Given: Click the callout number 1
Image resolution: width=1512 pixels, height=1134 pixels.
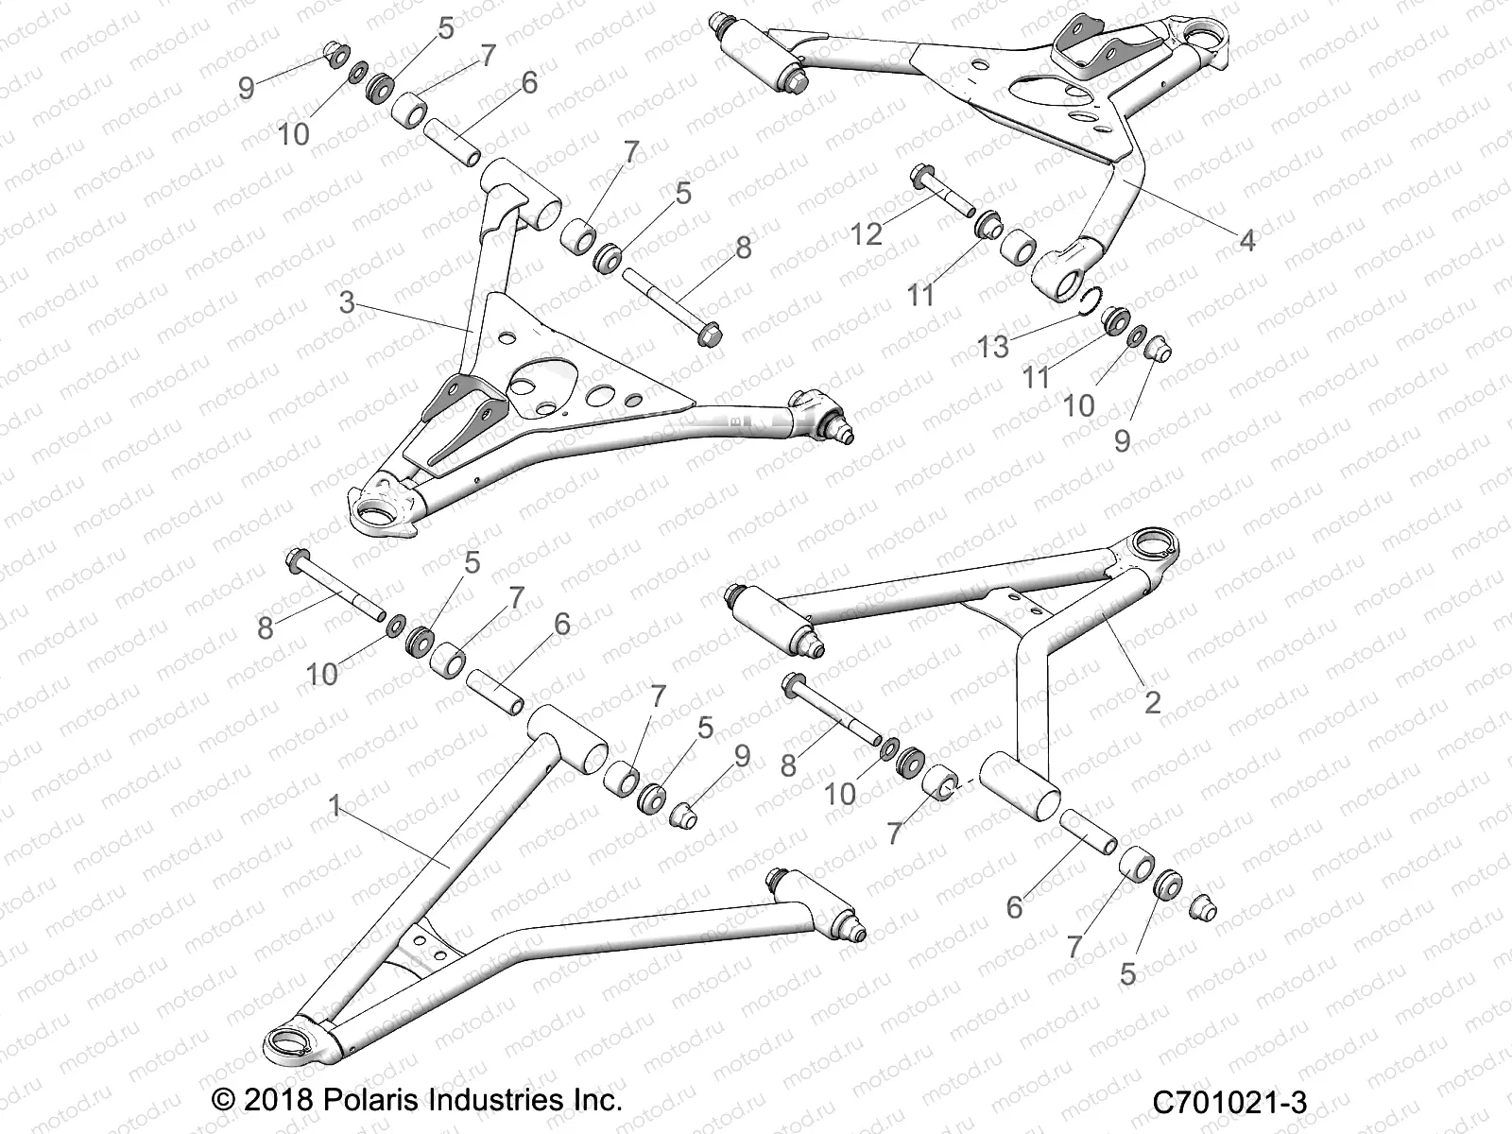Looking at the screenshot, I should pyautogui.click(x=334, y=805).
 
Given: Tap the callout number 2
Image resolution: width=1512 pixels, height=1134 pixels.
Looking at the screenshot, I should pyautogui.click(x=1152, y=701).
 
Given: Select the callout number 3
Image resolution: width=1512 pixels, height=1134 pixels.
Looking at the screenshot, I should pyautogui.click(x=347, y=302).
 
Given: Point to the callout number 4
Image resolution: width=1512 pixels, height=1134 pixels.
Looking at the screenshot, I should pyautogui.click(x=1246, y=241).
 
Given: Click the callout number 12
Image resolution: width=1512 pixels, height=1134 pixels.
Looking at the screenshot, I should pyautogui.click(x=866, y=232).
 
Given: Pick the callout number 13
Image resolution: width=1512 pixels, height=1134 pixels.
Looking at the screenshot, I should pyautogui.click(x=993, y=347).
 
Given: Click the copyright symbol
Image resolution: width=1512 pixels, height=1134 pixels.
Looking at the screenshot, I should pyautogui.click(x=223, y=1100).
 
